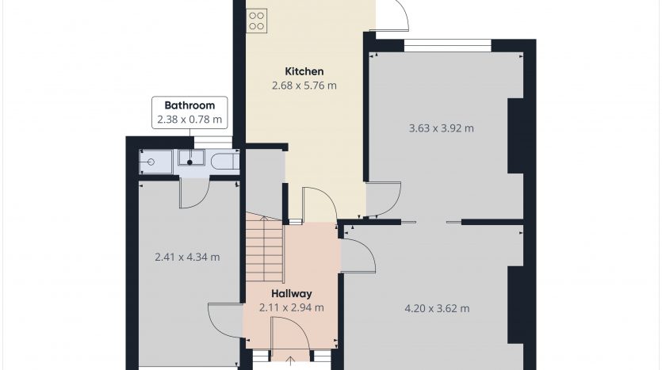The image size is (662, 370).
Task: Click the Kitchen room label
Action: coord(304,71)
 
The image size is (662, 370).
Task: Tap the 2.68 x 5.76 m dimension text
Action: coord(304,86)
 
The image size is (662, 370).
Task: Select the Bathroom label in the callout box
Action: coord(189,105)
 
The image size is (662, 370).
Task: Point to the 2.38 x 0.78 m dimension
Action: coord(189,120)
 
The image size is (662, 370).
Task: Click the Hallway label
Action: coord(291,293)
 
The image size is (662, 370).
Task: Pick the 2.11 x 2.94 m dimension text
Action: coord(291,307)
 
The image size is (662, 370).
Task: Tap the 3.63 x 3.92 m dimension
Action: coord(441,128)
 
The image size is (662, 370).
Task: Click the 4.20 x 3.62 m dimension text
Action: coord(437,308)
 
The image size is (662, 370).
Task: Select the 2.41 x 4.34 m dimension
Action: coord(187,257)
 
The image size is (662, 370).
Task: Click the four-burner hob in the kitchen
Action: coord(256,21)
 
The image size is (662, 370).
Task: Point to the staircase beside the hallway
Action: coord(264,249)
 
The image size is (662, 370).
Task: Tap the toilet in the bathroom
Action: coord(225,161)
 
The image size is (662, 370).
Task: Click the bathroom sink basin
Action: coord(191,158)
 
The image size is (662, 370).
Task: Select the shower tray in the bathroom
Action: coord(155,161)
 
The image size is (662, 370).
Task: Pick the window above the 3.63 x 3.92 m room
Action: coord(448,46)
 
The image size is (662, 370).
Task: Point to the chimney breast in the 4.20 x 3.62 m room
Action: coord(515,304)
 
